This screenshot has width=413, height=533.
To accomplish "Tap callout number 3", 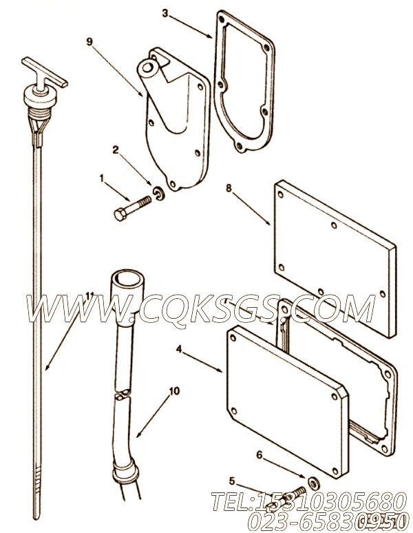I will (x=165, y=12).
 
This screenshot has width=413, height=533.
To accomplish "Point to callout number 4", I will (x=179, y=349).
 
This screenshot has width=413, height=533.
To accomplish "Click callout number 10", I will (x=174, y=390).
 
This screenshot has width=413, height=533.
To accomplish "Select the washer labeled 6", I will (x=313, y=481).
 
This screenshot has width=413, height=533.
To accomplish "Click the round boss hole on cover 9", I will (x=147, y=69).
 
